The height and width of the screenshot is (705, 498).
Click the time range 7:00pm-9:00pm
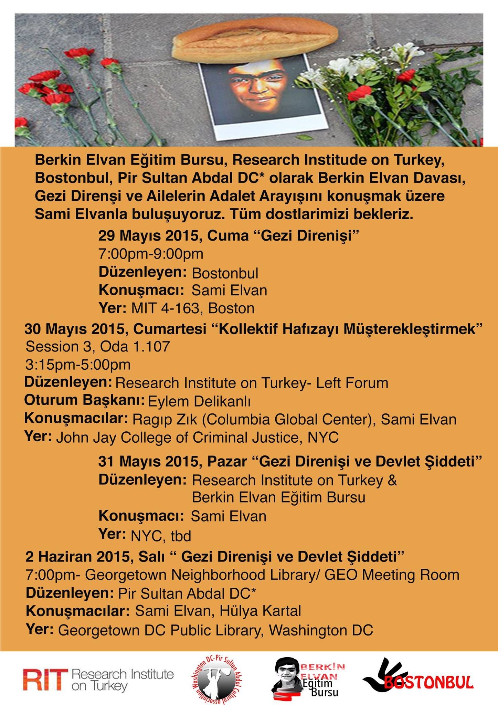151,254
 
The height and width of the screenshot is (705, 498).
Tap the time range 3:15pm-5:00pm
78,365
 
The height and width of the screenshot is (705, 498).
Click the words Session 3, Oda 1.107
98,346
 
